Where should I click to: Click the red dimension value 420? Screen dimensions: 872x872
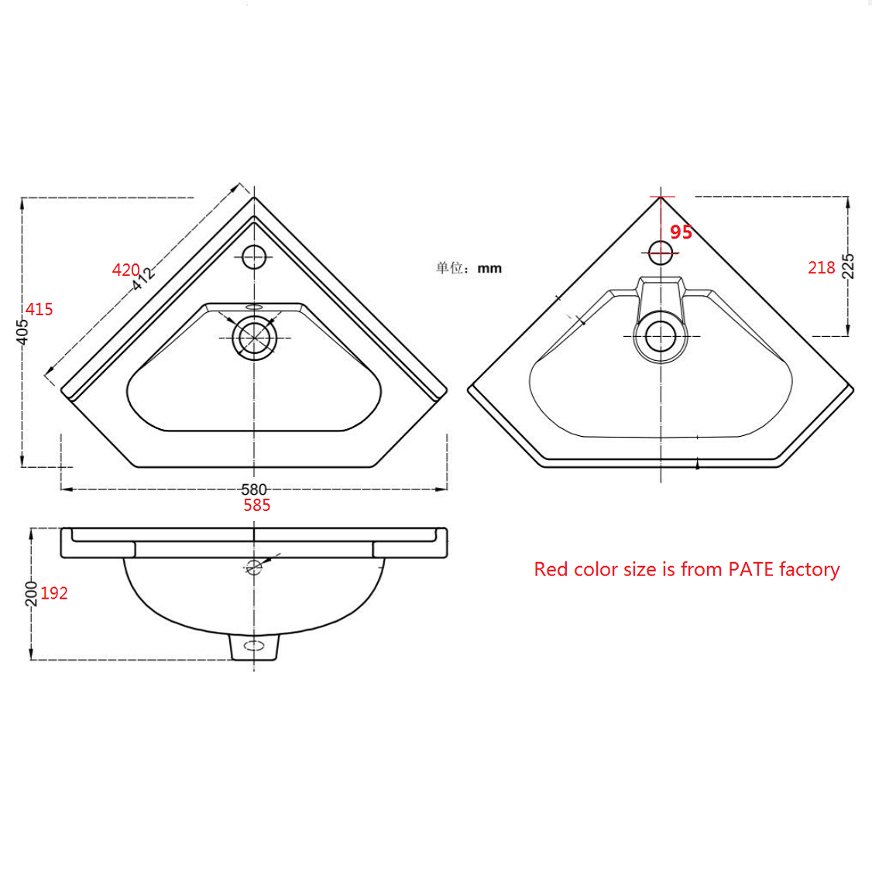point(125,269)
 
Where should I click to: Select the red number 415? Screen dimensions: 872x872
point(39,310)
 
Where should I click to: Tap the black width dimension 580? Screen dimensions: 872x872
point(254,489)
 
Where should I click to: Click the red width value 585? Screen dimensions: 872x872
point(256,506)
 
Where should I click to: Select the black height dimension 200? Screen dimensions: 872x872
point(31,593)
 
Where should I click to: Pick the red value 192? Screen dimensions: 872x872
point(54,593)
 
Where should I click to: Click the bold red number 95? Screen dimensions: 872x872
point(681,232)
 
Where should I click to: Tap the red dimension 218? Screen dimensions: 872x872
point(821,268)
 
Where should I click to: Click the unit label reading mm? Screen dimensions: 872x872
point(489,269)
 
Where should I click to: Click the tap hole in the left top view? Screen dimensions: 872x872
point(254,256)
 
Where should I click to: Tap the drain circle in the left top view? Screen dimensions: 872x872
point(254,338)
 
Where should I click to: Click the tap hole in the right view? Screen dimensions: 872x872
point(661,252)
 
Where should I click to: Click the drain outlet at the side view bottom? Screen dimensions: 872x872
point(254,646)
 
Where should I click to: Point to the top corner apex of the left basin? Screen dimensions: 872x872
point(254,197)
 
